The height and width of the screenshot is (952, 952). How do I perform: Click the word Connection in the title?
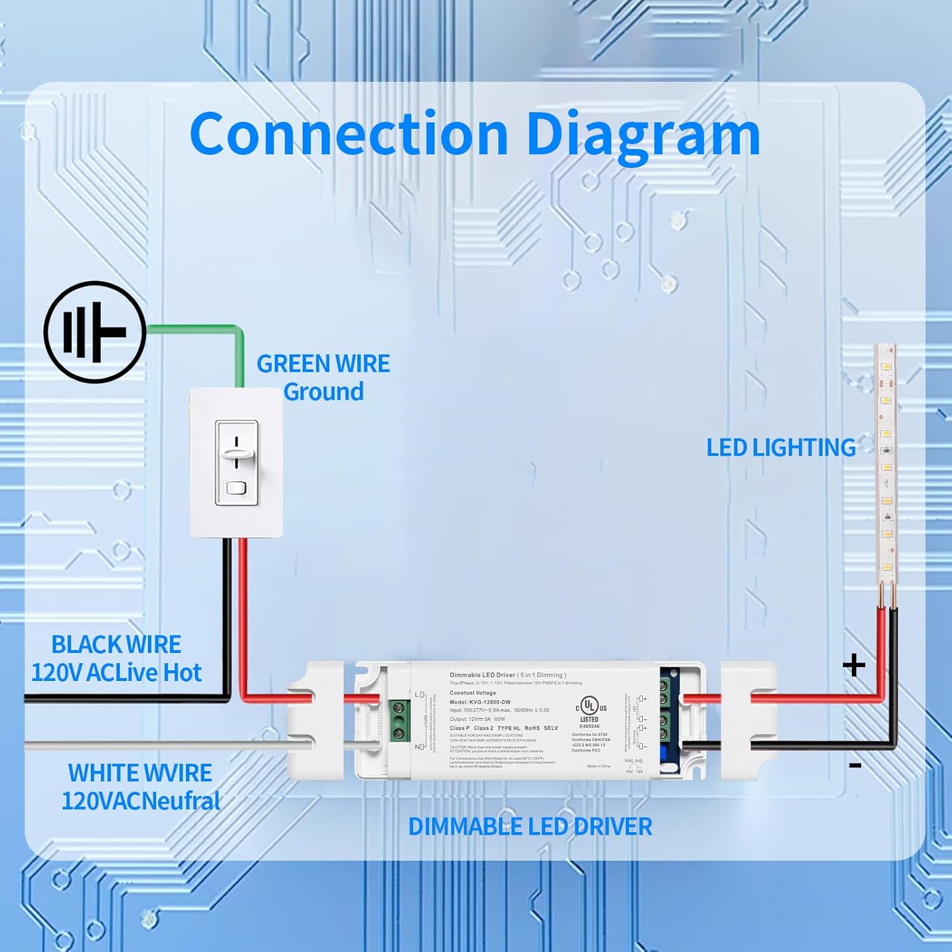(349, 134)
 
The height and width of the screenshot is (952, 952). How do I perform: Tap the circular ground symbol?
(95, 332)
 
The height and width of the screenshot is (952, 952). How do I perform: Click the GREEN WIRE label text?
(323, 364)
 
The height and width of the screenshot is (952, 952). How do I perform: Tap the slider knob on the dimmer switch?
(237, 453)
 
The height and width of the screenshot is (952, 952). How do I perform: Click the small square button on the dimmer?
(236, 488)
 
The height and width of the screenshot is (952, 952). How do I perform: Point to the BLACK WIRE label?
(116, 645)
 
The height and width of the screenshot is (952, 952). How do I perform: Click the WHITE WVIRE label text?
(140, 773)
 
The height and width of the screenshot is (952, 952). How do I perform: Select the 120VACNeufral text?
(141, 801)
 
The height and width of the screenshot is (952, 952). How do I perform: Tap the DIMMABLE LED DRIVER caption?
(530, 826)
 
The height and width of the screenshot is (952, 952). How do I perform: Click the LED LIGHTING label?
(781, 447)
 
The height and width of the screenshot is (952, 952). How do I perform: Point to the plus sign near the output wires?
(854, 665)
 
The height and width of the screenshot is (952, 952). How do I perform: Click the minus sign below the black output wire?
(855, 766)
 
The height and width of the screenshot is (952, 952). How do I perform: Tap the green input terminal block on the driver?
(399, 720)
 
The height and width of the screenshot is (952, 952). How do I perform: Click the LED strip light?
(886, 470)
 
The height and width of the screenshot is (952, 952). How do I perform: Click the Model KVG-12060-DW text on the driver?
(480, 702)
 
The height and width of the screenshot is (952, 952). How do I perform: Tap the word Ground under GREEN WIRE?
(324, 392)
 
